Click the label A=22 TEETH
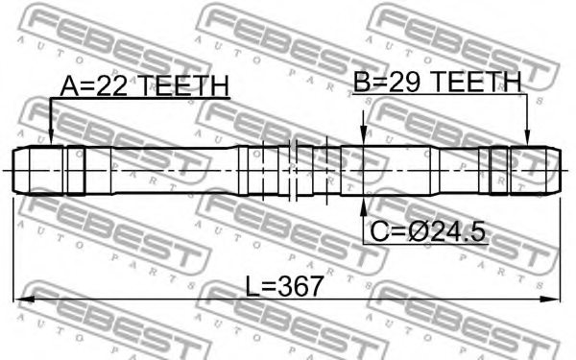pos(144,86)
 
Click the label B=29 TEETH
pos(437,82)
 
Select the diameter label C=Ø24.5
pos(427,231)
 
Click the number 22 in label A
pos(112,86)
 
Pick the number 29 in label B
pos(404,82)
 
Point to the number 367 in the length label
pos(300,286)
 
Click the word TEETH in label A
pos(184,86)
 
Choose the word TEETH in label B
pos(476,82)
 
